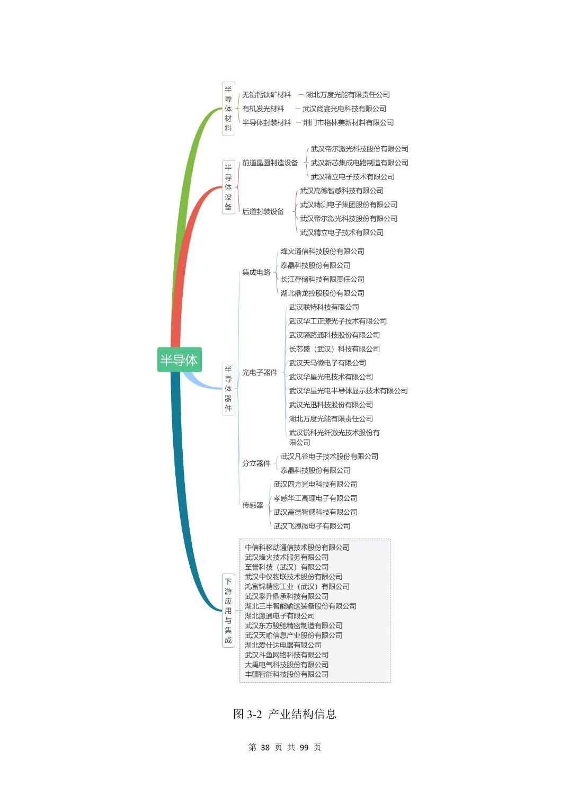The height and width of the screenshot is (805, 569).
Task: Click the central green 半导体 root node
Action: tap(180, 360)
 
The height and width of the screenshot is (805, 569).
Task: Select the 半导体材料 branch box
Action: tap(228, 108)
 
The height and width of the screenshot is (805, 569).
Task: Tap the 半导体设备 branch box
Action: tap(228, 187)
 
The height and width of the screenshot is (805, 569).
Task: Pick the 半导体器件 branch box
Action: tap(228, 389)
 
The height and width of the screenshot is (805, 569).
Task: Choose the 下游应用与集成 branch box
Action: tap(228, 610)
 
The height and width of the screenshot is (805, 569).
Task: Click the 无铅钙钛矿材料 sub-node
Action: tap(266, 94)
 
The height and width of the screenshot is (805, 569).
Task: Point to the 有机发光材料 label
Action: tap(263, 109)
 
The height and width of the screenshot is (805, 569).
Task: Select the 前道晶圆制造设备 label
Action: tap(270, 163)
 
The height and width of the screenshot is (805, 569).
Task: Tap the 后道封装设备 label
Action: tap(263, 212)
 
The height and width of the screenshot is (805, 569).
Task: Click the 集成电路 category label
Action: tap(256, 272)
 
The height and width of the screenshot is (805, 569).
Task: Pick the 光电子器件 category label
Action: tap(260, 373)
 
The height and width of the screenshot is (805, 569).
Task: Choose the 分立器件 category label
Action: tap(256, 463)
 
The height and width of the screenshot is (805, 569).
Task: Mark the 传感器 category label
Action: tap(253, 505)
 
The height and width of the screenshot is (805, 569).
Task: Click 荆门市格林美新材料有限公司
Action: tap(348, 122)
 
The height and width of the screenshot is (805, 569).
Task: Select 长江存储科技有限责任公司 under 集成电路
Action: tap(323, 279)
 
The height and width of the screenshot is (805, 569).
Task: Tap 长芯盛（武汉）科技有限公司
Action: tap(334, 349)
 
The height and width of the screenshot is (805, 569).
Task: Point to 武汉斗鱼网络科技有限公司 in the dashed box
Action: tap(287, 655)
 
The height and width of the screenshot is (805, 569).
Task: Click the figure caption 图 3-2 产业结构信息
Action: tap(284, 714)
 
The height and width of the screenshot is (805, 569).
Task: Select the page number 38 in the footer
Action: tap(265, 747)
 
